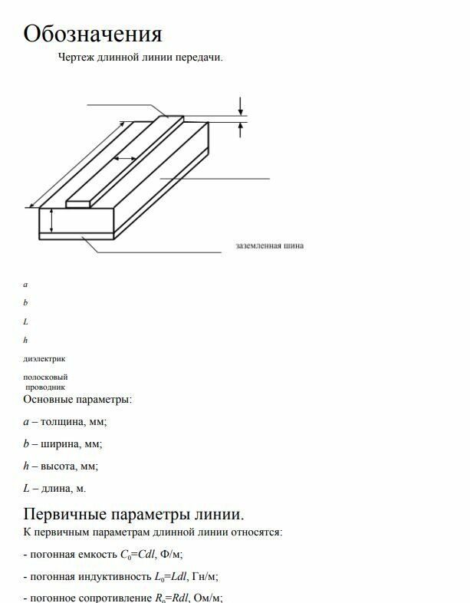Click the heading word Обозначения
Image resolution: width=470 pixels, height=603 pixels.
point(93,34)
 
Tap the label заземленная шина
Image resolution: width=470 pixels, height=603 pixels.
point(269,246)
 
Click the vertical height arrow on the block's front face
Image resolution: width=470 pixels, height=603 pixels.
point(51,220)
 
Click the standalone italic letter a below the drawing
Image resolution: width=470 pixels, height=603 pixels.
point(25,285)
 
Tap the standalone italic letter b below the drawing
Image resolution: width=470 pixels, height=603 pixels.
point(25,303)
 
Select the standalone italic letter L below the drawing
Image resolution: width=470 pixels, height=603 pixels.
point(25,321)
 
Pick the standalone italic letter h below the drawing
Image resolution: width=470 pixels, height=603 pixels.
point(25,340)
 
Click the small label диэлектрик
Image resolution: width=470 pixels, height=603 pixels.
point(44,358)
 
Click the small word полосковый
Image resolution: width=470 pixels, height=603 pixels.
point(45,377)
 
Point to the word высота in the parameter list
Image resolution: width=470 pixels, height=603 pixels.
point(60,466)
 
